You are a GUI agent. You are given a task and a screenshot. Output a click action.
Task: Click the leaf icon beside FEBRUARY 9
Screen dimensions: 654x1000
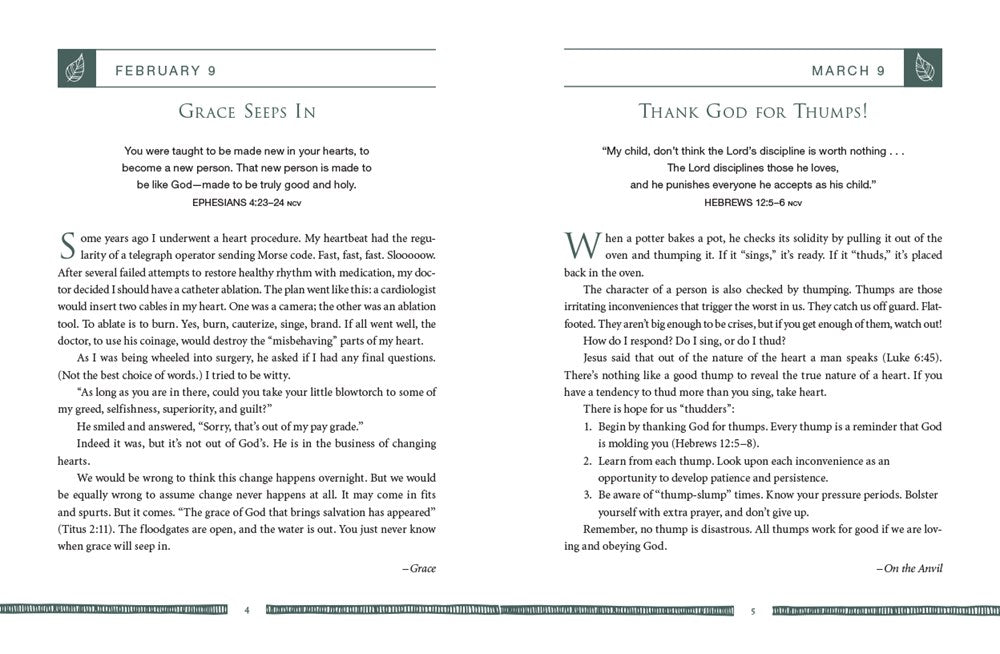(73, 70)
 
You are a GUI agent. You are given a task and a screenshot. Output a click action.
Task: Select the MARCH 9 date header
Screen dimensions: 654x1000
(848, 71)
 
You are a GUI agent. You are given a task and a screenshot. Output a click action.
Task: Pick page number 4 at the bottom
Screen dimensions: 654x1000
(246, 611)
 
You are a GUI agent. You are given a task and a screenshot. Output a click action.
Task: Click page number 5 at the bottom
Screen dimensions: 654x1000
(752, 611)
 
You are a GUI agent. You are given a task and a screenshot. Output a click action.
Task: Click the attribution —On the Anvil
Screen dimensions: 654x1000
(908, 568)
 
